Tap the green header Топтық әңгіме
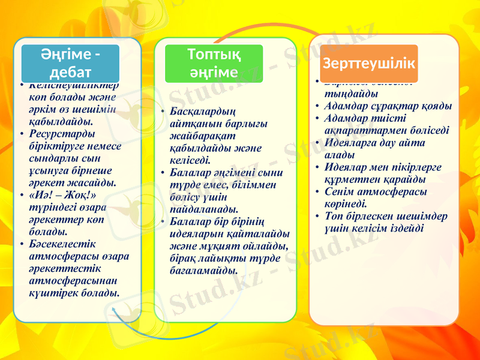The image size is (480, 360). [214, 63]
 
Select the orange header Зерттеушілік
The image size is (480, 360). [368, 64]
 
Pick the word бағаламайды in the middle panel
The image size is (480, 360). [203, 270]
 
